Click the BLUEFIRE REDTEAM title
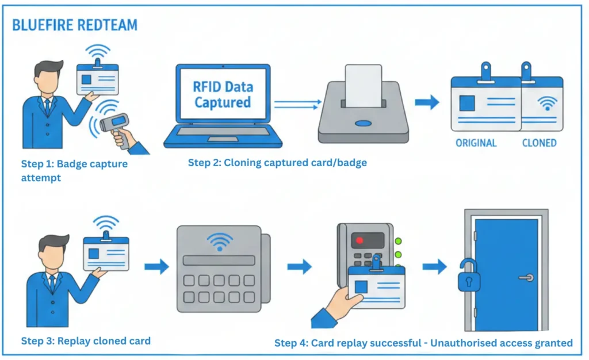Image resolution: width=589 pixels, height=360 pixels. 75,26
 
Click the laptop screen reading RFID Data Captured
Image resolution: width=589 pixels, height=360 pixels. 222,95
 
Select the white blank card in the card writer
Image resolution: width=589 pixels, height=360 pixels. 363,85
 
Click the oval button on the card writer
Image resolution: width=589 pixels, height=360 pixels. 363,123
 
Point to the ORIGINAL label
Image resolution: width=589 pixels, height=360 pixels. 476,143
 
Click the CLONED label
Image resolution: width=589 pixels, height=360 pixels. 539,143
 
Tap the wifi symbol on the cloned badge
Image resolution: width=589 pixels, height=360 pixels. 546,104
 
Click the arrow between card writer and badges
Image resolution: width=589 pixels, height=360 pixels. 427,103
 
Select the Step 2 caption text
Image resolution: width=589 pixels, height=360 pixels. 277,163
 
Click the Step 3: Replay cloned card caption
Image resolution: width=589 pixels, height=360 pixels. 86,341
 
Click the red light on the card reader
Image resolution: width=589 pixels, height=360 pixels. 361,240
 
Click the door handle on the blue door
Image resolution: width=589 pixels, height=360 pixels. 525,277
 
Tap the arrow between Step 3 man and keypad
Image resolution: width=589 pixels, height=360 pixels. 156,266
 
